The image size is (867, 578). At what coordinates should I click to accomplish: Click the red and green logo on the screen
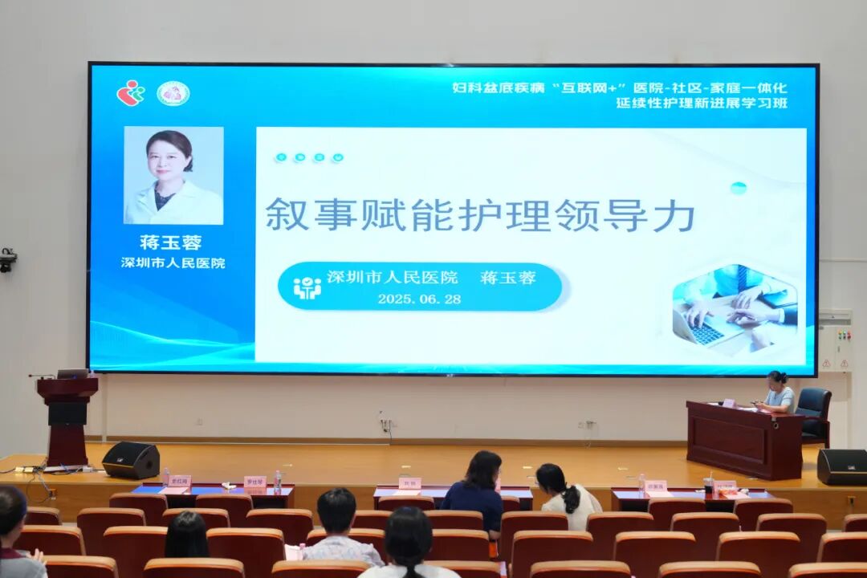point(130,93)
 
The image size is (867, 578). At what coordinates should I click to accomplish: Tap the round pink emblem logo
point(172,94)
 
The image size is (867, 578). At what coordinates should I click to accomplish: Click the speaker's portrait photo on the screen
point(173,175)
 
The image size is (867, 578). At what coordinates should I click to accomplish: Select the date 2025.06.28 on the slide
point(419,299)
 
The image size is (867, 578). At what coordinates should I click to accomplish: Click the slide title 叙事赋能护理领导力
point(479,215)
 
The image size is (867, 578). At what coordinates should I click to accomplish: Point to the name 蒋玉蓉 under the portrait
point(170,242)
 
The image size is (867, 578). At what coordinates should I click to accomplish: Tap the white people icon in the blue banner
point(307,287)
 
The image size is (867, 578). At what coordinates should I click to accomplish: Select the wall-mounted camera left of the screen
point(8,260)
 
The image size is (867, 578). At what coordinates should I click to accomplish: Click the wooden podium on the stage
point(67,418)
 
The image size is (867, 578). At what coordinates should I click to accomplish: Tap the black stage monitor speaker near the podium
point(131,460)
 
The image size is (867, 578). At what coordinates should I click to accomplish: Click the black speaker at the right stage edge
point(841,466)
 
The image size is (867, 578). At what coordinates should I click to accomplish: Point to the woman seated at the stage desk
point(777,393)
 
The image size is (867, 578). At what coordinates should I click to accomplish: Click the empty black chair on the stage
point(814,413)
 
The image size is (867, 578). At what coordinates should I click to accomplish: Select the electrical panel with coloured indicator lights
point(835,340)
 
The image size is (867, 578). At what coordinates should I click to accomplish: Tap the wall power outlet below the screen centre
point(386,423)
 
